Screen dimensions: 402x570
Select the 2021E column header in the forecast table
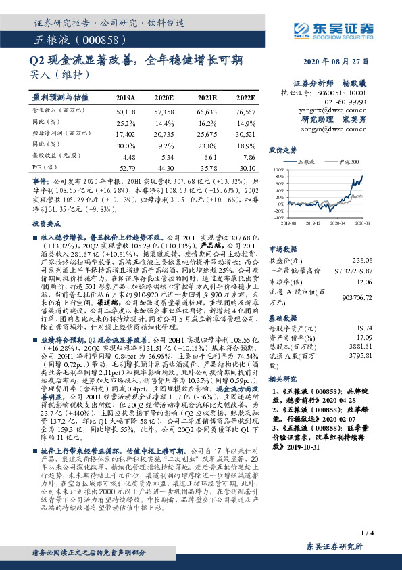pos(207,97)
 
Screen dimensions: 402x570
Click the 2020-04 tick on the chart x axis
pos(335,221)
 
